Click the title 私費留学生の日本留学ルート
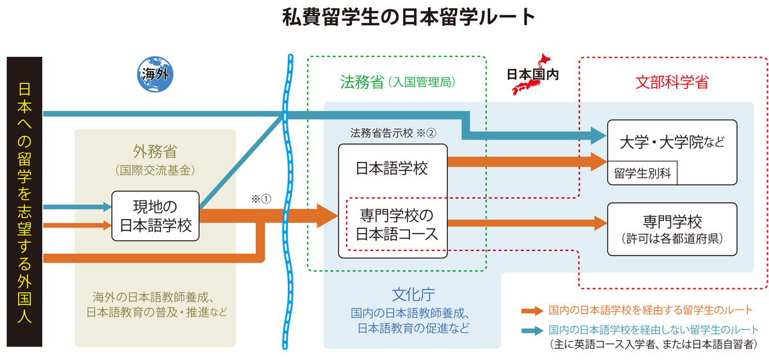tap(409, 17)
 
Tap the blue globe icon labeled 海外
tap(155, 74)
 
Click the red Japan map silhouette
tap(531, 74)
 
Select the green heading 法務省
tap(362, 83)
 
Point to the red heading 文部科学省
tap(672, 83)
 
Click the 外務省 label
tap(155, 151)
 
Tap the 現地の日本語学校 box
tap(155, 216)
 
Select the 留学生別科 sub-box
tap(642, 173)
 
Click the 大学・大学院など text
tap(672, 142)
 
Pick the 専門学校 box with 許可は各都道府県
tap(672, 229)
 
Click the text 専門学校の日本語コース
tap(397, 225)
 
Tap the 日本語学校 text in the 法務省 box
tap(392, 168)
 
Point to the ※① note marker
tap(261, 199)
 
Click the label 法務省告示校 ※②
tap(393, 133)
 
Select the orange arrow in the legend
tap(532, 311)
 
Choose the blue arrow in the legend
tap(532, 331)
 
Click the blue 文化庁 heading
tap(413, 295)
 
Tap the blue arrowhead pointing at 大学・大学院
tap(599, 136)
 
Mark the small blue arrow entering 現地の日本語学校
tap(78, 207)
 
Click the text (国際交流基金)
tap(155, 170)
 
